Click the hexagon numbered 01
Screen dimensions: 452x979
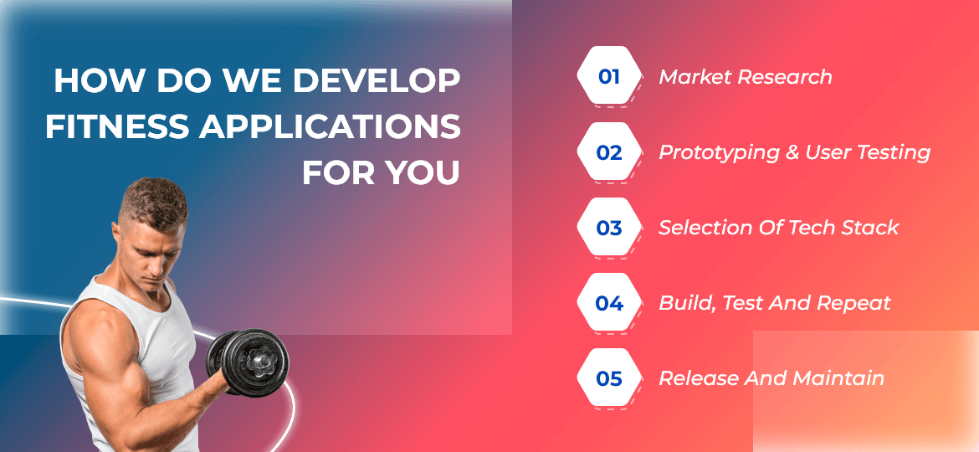pos(609,77)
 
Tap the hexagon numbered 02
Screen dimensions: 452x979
pos(609,152)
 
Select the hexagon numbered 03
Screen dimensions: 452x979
pos(609,228)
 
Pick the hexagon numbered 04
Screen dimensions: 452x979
pos(609,303)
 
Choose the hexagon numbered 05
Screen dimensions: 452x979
pos(609,378)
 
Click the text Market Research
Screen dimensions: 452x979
pos(746,77)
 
